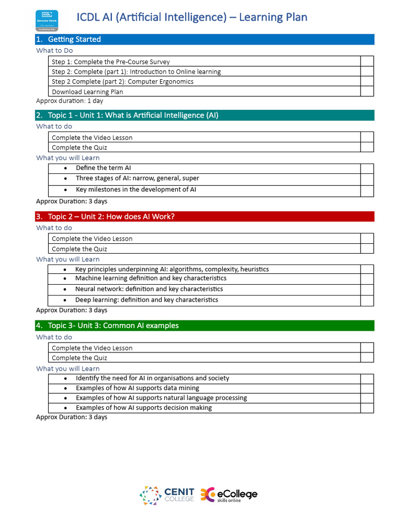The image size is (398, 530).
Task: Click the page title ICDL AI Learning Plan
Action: [192, 17]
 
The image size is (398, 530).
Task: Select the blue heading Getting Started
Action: [74, 39]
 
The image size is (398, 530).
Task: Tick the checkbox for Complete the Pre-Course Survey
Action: [367, 62]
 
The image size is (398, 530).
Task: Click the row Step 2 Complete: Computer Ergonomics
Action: [123, 82]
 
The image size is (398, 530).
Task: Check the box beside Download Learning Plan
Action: [367, 92]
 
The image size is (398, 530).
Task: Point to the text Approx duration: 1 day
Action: [69, 101]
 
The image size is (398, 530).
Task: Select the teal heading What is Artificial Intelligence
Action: [133, 115]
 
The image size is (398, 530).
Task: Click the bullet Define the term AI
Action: [103, 168]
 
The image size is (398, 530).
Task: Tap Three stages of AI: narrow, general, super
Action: [137, 179]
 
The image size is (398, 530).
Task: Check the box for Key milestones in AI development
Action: [367, 190]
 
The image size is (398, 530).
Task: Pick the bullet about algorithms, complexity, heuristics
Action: [172, 269]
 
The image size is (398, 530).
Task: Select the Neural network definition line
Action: [149, 289]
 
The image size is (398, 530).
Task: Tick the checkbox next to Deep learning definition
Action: [367, 300]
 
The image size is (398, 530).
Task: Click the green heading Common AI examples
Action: [113, 326]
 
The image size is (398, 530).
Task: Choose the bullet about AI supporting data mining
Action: [137, 388]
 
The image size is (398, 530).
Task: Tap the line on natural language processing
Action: [161, 398]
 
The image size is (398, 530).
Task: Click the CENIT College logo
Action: [167, 495]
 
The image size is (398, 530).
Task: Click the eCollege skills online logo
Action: [229, 495]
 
